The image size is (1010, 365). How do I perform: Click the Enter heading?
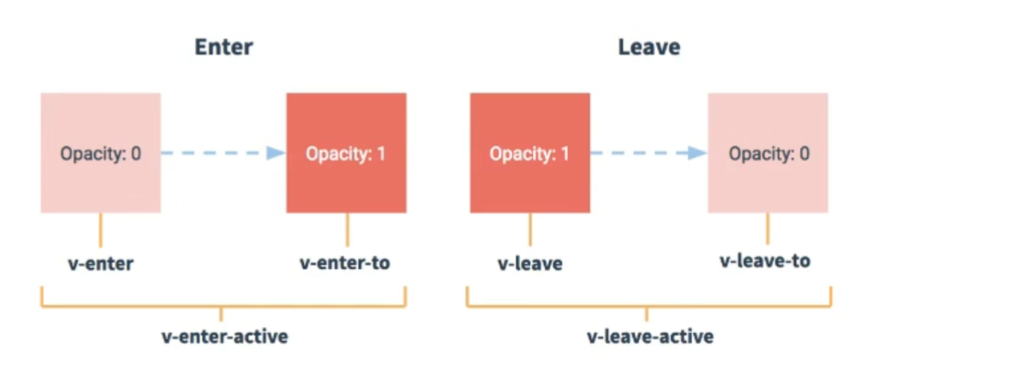(x=223, y=47)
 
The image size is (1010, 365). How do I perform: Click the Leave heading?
(x=649, y=47)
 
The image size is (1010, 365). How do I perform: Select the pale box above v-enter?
(x=100, y=153)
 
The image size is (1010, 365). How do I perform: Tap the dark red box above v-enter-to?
(x=346, y=153)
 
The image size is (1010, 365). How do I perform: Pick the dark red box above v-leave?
(x=530, y=153)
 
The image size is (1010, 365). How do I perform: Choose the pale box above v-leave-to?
(x=768, y=153)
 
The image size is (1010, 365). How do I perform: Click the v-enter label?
(x=100, y=264)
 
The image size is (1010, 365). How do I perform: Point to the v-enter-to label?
(x=345, y=263)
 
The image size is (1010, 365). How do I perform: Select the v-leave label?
(x=530, y=264)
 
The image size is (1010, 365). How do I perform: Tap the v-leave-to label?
(x=764, y=261)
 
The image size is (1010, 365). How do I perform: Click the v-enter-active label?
(x=225, y=337)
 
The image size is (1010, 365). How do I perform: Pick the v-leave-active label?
(x=651, y=337)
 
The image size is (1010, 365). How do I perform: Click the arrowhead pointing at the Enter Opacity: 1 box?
(x=275, y=153)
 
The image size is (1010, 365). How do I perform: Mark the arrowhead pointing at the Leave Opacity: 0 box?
(x=697, y=153)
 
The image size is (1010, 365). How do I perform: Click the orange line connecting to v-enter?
(x=100, y=230)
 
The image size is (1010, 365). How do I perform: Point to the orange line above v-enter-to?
(x=347, y=229)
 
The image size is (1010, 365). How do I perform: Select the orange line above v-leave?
(x=530, y=229)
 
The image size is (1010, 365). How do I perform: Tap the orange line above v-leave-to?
(x=768, y=228)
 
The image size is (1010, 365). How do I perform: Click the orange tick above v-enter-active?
(x=221, y=314)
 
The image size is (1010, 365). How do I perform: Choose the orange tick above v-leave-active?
(x=647, y=314)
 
